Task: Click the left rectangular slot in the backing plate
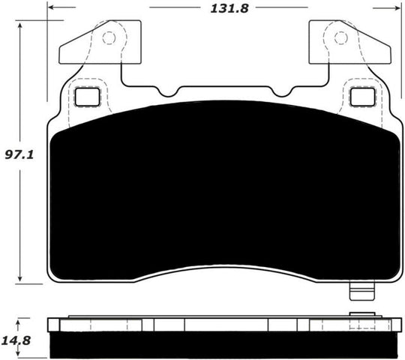point(87,97)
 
